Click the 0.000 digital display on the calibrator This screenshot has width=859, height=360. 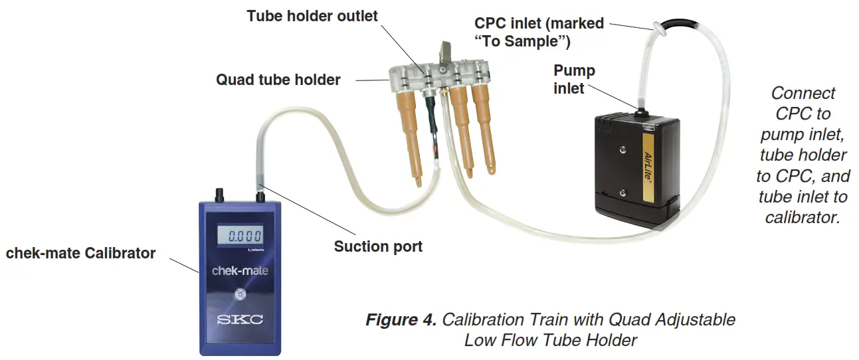coord(240,234)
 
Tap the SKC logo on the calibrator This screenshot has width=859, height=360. coord(240,320)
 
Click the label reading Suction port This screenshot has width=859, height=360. coord(378,246)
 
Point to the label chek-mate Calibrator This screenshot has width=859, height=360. coord(80,253)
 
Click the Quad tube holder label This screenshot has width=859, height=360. coord(278,80)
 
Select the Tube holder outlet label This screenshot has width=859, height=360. coord(312,16)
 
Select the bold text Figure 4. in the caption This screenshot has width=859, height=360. coord(401,319)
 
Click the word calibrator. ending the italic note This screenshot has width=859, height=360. coord(802,217)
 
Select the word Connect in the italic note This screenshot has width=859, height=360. coord(803,93)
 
